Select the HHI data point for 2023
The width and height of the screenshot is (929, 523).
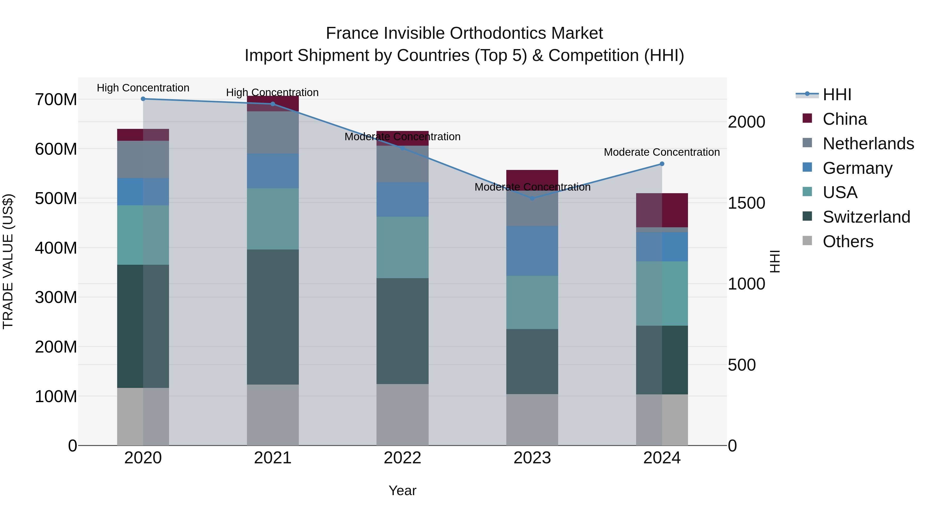point(532,198)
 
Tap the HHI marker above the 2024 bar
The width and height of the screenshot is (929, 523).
point(662,164)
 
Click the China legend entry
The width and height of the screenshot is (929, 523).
point(844,119)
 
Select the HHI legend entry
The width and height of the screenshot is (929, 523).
point(836,95)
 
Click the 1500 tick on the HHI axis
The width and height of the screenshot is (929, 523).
point(746,203)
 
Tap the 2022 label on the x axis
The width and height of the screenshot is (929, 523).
point(403,458)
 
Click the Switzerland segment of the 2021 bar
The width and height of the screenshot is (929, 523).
point(273,317)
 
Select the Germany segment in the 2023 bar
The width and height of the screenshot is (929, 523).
point(532,251)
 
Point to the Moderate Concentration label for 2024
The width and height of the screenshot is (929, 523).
point(662,152)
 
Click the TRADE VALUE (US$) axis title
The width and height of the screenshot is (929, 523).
point(8,261)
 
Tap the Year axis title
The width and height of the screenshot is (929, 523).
point(403,490)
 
